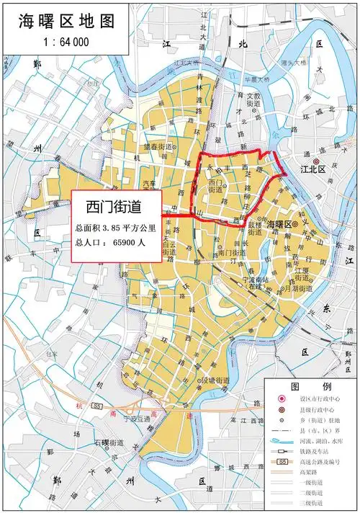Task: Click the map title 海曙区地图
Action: [60, 22]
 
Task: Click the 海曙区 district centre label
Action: [281, 225]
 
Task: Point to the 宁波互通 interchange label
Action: [136, 418]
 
